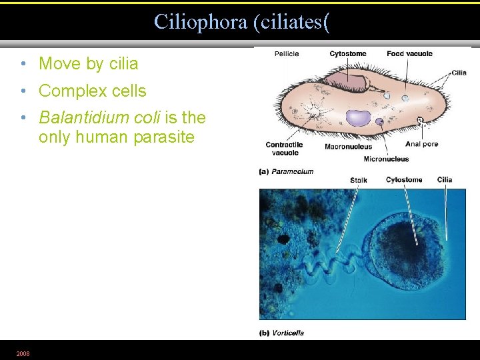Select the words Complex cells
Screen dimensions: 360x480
pyautogui.click(x=92, y=91)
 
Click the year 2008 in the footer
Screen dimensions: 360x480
pyautogui.click(x=23, y=353)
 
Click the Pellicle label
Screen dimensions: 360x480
pyautogui.click(x=287, y=54)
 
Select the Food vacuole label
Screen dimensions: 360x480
pyautogui.click(x=409, y=54)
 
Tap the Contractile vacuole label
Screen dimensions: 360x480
pyautogui.click(x=284, y=148)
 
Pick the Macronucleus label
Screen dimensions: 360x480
pyautogui.click(x=348, y=147)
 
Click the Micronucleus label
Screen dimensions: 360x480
pyautogui.click(x=386, y=159)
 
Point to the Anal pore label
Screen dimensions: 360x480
pyautogui.click(x=421, y=144)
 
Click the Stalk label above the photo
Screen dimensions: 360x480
pyautogui.click(x=358, y=180)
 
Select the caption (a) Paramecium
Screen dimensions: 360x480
pyautogui.click(x=286, y=171)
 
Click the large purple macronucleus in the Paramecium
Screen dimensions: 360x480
pyautogui.click(x=358, y=118)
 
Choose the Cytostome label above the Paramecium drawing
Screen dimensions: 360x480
pyautogui.click(x=347, y=54)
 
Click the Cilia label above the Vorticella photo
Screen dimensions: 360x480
pyautogui.click(x=445, y=180)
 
